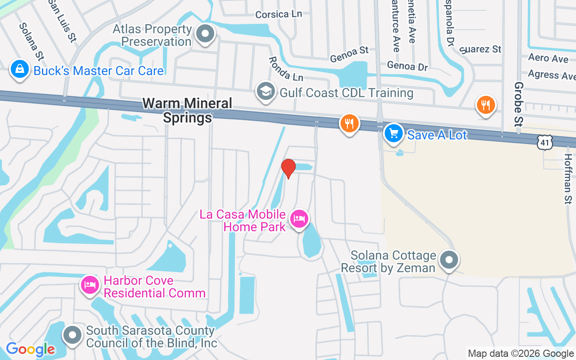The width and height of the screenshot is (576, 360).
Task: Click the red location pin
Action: pos(288,168)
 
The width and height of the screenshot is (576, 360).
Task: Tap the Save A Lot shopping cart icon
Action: pos(394,133)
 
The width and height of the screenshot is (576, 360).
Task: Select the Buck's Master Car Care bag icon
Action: pos(20,70)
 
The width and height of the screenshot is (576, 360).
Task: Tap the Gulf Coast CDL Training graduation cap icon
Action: pos(265,91)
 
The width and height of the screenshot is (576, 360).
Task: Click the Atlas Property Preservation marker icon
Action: pos(206,33)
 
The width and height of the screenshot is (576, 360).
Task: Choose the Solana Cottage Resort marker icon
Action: pos(449,260)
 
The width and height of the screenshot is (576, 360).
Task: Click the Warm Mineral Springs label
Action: pos(187,110)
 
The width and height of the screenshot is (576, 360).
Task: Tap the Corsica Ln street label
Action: pos(278,14)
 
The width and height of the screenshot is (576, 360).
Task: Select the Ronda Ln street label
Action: pos(286,69)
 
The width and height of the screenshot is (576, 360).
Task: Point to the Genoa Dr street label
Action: pos(407,66)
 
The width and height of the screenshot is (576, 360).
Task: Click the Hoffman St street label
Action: pos(568,179)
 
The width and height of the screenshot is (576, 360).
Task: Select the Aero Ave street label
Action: pos(548,58)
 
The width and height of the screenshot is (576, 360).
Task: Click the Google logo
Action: pos(30,349)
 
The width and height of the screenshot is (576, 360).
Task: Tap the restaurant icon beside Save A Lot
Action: pos(349,123)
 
